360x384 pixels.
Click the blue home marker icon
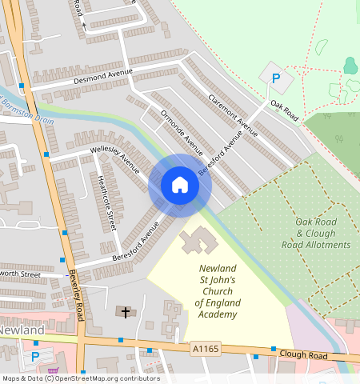[x=180, y=186]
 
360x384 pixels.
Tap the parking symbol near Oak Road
[x=276, y=79]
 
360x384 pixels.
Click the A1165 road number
[x=205, y=347]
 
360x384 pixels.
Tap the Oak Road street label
[x=284, y=111]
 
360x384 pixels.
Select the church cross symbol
[x=124, y=310]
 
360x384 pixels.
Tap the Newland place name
[x=20, y=330]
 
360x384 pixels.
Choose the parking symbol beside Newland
[x=34, y=357]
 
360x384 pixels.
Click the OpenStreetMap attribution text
[x=81, y=378]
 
